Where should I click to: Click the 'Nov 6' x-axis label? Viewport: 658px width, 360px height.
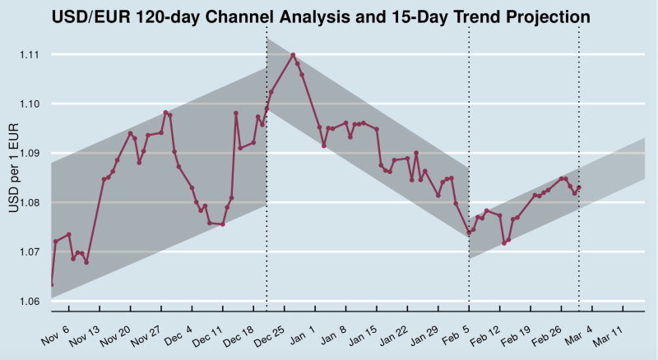coord(55,331)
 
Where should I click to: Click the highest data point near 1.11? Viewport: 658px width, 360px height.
coord(294,55)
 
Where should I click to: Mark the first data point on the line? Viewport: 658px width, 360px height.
coord(52,285)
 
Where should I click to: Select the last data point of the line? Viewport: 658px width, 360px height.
coord(579,187)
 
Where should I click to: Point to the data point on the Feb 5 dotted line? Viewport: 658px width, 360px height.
coord(469,233)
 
